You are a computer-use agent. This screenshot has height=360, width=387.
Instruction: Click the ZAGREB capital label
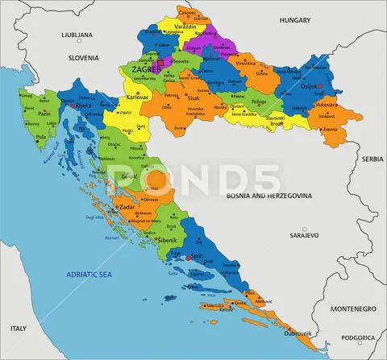[137, 70]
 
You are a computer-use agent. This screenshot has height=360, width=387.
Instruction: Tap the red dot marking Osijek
[320, 86]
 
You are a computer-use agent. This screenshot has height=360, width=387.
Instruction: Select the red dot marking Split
[189, 258]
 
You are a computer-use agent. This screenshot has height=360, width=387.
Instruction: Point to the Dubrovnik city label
[298, 333]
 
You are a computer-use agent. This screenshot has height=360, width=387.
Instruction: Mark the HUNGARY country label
[294, 19]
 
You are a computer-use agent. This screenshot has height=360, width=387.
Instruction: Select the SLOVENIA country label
[82, 58]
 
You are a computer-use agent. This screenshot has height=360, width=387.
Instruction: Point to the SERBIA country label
[372, 159]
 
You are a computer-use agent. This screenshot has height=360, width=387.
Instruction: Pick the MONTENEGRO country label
[352, 308]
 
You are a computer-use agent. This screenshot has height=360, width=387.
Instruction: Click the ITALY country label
[19, 329]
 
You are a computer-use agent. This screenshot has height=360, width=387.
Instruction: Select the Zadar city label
[127, 207]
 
